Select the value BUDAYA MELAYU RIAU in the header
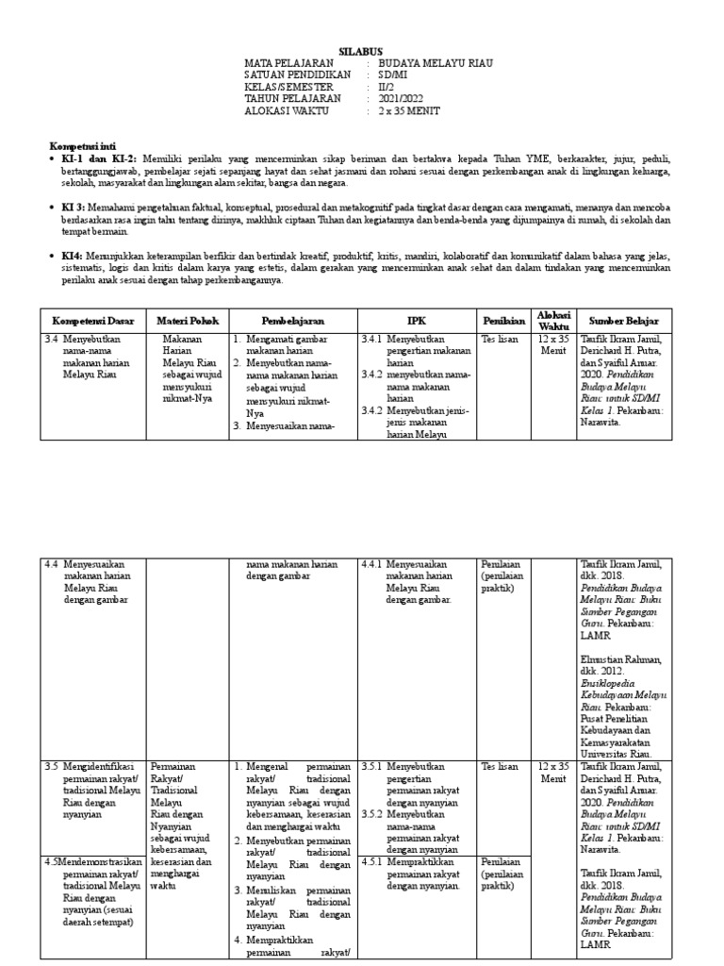coord(436,63)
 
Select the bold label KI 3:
coord(72,206)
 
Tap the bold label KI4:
coord(71,254)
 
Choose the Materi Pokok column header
coord(186,321)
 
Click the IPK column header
coord(416,321)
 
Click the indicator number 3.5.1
coord(371,767)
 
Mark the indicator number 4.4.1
coord(371,564)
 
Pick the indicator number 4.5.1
coord(371,861)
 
